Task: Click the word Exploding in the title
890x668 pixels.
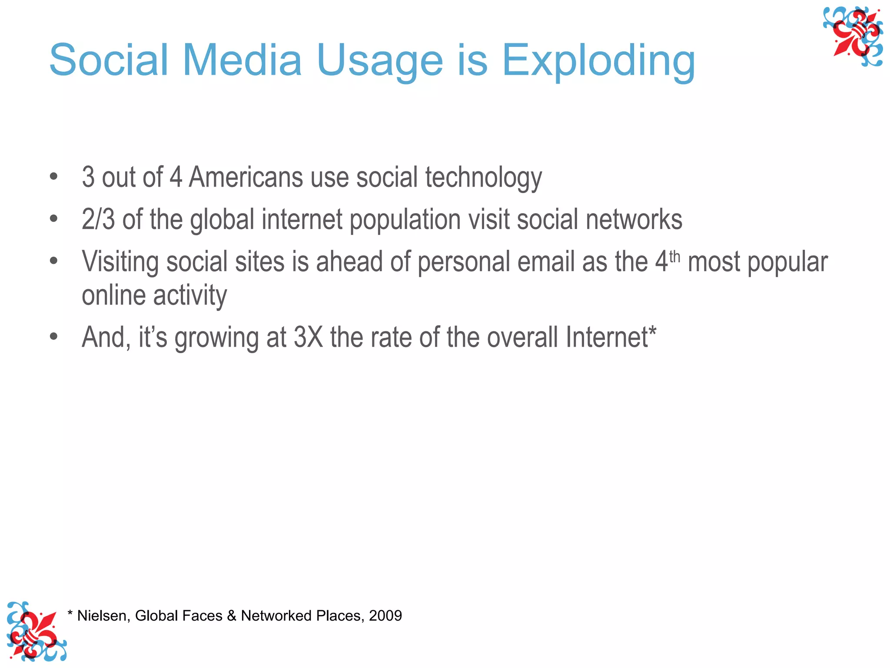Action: pyautogui.click(x=598, y=61)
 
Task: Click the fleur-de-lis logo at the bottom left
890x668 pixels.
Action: pyautogui.click(x=36, y=631)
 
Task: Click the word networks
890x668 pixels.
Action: pyautogui.click(x=634, y=219)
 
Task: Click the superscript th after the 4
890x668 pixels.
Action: pyautogui.click(x=674, y=257)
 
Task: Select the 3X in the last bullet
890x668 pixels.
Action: pyautogui.click(x=309, y=337)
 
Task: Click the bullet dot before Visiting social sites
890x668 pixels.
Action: pyautogui.click(x=53, y=261)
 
